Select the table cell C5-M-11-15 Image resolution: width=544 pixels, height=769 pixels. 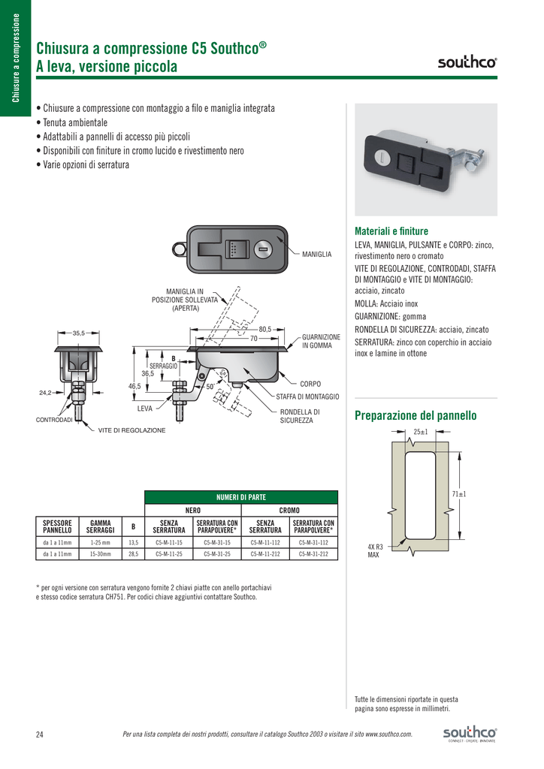(169, 541)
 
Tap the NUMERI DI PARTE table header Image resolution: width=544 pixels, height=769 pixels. (241, 497)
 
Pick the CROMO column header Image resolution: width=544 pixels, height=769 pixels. (289, 511)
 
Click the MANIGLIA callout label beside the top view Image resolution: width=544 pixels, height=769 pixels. (316, 255)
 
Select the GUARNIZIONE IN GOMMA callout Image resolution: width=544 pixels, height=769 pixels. (321, 341)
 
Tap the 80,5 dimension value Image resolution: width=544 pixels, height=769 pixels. (264, 329)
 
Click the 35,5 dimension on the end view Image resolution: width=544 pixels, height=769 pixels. (78, 333)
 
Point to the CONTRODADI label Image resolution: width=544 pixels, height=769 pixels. (54, 420)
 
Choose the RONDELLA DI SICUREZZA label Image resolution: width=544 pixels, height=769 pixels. (300, 416)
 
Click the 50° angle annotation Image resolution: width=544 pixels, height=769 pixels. (211, 386)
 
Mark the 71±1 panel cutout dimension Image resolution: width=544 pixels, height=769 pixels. (459, 493)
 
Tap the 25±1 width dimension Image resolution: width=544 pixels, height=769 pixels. (421, 432)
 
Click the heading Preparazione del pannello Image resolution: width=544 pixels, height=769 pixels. (415, 415)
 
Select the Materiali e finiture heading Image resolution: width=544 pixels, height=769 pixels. (391, 231)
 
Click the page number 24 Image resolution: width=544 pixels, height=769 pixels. (40, 734)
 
